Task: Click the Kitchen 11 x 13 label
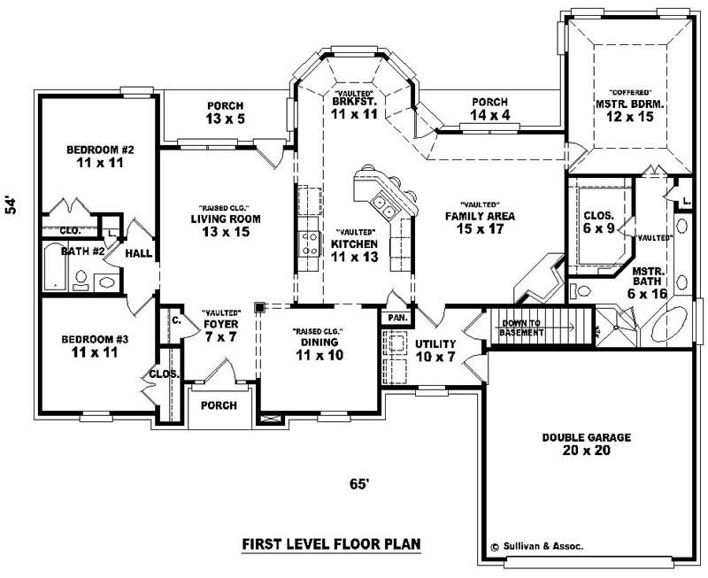[354, 250]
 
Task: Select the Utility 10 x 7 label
[435, 350]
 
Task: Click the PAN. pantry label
[395, 316]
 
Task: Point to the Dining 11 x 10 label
[318, 349]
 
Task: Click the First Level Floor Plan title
[331, 543]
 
